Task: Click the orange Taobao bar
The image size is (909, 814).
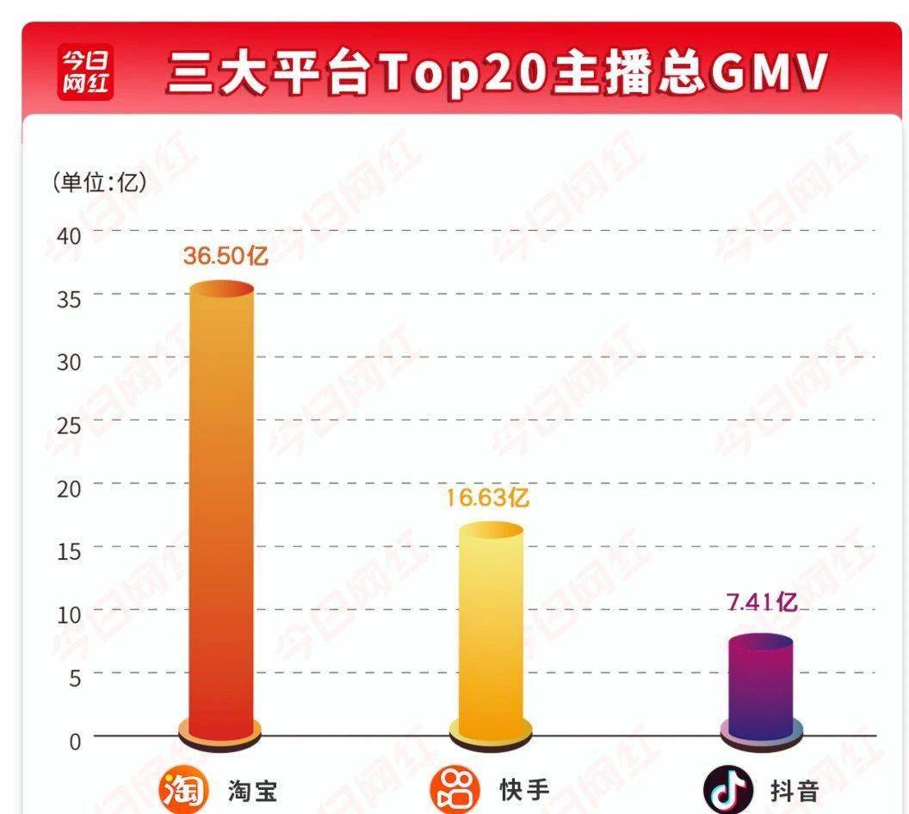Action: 221,508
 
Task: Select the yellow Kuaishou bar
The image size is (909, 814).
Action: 490,629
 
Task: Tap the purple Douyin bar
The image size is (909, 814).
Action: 760,685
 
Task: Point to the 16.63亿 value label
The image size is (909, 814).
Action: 487,498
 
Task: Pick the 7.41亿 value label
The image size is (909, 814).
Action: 762,602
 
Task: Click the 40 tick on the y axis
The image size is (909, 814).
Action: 68,235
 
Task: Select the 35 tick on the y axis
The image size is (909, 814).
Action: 68,298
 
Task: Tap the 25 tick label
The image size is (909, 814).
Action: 68,425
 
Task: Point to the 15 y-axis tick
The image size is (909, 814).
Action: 68,551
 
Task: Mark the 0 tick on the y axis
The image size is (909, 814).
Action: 74,741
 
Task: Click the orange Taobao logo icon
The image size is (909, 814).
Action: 183,788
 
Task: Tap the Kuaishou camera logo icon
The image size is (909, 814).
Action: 454,788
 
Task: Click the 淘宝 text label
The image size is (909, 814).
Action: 253,791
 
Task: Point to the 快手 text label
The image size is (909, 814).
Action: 524,790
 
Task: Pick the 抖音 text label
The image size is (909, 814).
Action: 794,791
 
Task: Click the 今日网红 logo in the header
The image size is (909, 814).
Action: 86,73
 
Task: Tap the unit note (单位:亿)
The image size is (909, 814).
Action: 99,183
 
